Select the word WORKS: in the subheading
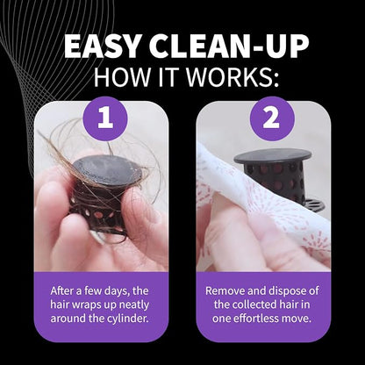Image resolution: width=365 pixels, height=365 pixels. (x=233, y=76)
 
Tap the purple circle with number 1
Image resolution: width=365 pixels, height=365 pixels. (x=105, y=118)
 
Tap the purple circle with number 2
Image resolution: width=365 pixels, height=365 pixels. (x=272, y=118)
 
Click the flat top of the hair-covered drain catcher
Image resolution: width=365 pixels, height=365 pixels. (x=108, y=170)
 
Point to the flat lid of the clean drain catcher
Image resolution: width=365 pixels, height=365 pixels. (x=273, y=155)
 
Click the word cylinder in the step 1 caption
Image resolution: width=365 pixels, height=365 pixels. (x=129, y=318)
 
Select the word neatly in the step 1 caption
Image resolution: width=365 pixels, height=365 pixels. (x=135, y=304)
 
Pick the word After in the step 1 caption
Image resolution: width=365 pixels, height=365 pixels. (x=61, y=291)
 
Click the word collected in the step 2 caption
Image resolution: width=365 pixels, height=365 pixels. (x=257, y=304)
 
